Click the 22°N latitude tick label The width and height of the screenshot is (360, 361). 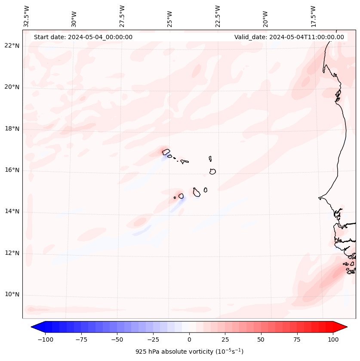click(x=12, y=46)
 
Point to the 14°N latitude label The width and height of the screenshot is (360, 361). click(x=12, y=211)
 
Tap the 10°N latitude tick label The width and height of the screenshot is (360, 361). click(x=12, y=295)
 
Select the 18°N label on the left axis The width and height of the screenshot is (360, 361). click(x=12, y=129)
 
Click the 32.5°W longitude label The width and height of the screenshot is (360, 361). click(x=27, y=16)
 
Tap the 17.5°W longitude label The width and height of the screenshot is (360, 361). click(x=313, y=16)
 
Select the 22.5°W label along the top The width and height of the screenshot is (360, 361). click(x=218, y=16)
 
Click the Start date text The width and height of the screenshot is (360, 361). click(x=83, y=37)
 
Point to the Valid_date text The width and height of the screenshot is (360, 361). click(x=289, y=37)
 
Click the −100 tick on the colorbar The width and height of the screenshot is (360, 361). click(x=45, y=339)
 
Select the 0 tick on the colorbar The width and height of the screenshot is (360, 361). click(x=189, y=339)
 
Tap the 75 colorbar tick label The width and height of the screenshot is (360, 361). click(x=297, y=339)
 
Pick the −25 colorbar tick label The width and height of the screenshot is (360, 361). click(x=153, y=339)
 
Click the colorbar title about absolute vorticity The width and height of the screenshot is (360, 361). click(x=189, y=352)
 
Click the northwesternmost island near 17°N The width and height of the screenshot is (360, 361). click(x=166, y=151)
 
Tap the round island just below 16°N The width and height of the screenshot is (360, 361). click(x=212, y=171)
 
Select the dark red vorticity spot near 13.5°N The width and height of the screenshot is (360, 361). click(x=140, y=222)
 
